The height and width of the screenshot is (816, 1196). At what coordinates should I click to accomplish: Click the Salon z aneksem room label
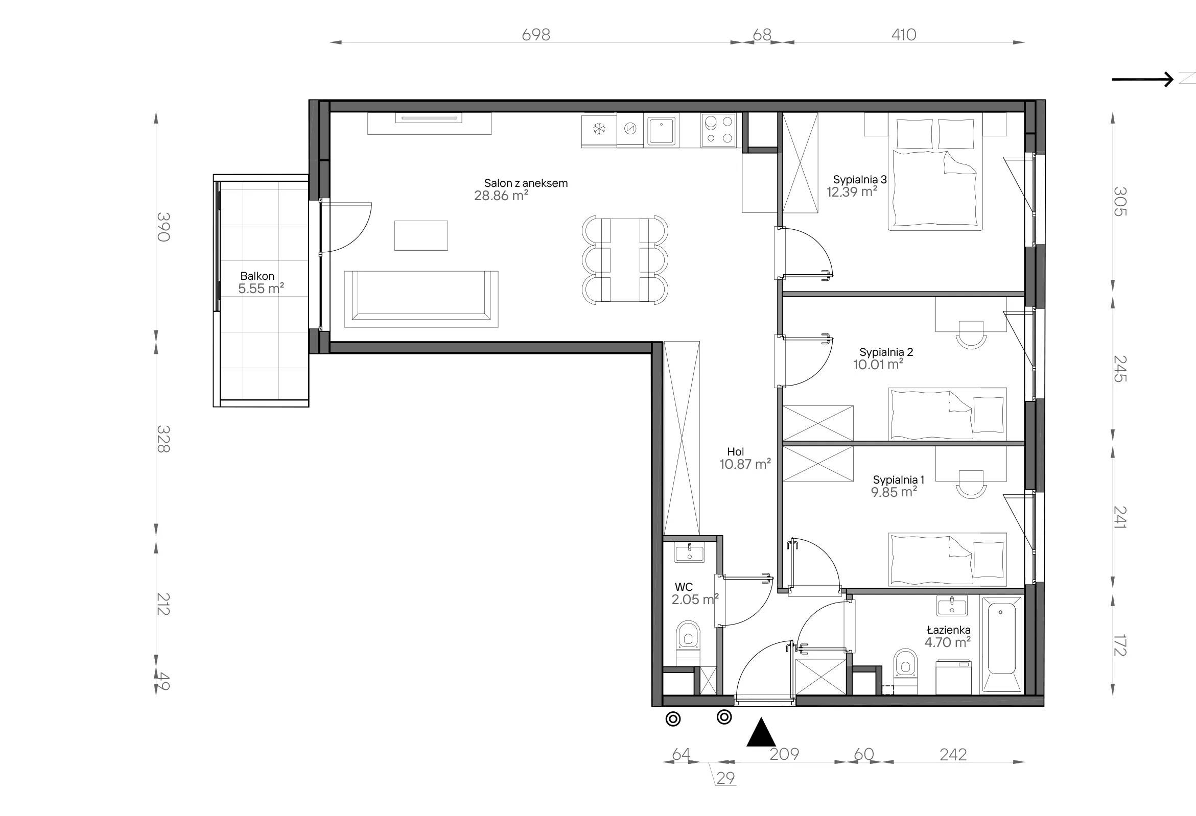pyautogui.click(x=525, y=183)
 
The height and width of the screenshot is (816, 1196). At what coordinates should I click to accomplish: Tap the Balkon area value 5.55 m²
pyautogui.click(x=261, y=289)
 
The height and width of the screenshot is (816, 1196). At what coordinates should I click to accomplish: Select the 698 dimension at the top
pyautogui.click(x=536, y=35)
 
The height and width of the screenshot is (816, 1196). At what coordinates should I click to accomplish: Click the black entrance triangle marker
pyautogui.click(x=761, y=732)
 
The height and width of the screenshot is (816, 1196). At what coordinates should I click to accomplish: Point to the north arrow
pyautogui.click(x=1142, y=79)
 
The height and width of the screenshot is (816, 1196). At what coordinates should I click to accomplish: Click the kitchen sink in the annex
pyautogui.click(x=661, y=131)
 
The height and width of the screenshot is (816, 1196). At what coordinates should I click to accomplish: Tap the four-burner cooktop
pyautogui.click(x=718, y=130)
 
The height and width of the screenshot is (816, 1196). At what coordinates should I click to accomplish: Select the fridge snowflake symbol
pyautogui.click(x=599, y=129)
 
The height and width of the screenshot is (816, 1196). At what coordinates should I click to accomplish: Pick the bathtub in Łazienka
pyautogui.click(x=1001, y=644)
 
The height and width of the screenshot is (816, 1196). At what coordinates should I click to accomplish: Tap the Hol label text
pyautogui.click(x=736, y=452)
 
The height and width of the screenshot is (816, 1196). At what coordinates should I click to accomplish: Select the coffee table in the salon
pyautogui.click(x=421, y=235)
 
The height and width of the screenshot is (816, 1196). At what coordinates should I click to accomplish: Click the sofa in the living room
pyautogui.click(x=421, y=299)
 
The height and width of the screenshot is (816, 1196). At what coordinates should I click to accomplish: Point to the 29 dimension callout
pyautogui.click(x=725, y=778)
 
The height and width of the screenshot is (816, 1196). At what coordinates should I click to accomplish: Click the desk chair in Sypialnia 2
pyautogui.click(x=971, y=335)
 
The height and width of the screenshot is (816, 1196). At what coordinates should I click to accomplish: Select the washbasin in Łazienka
pyautogui.click(x=952, y=606)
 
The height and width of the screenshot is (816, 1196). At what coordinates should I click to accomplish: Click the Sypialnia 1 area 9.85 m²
pyautogui.click(x=894, y=492)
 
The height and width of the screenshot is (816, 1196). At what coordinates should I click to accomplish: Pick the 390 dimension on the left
pyautogui.click(x=163, y=227)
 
